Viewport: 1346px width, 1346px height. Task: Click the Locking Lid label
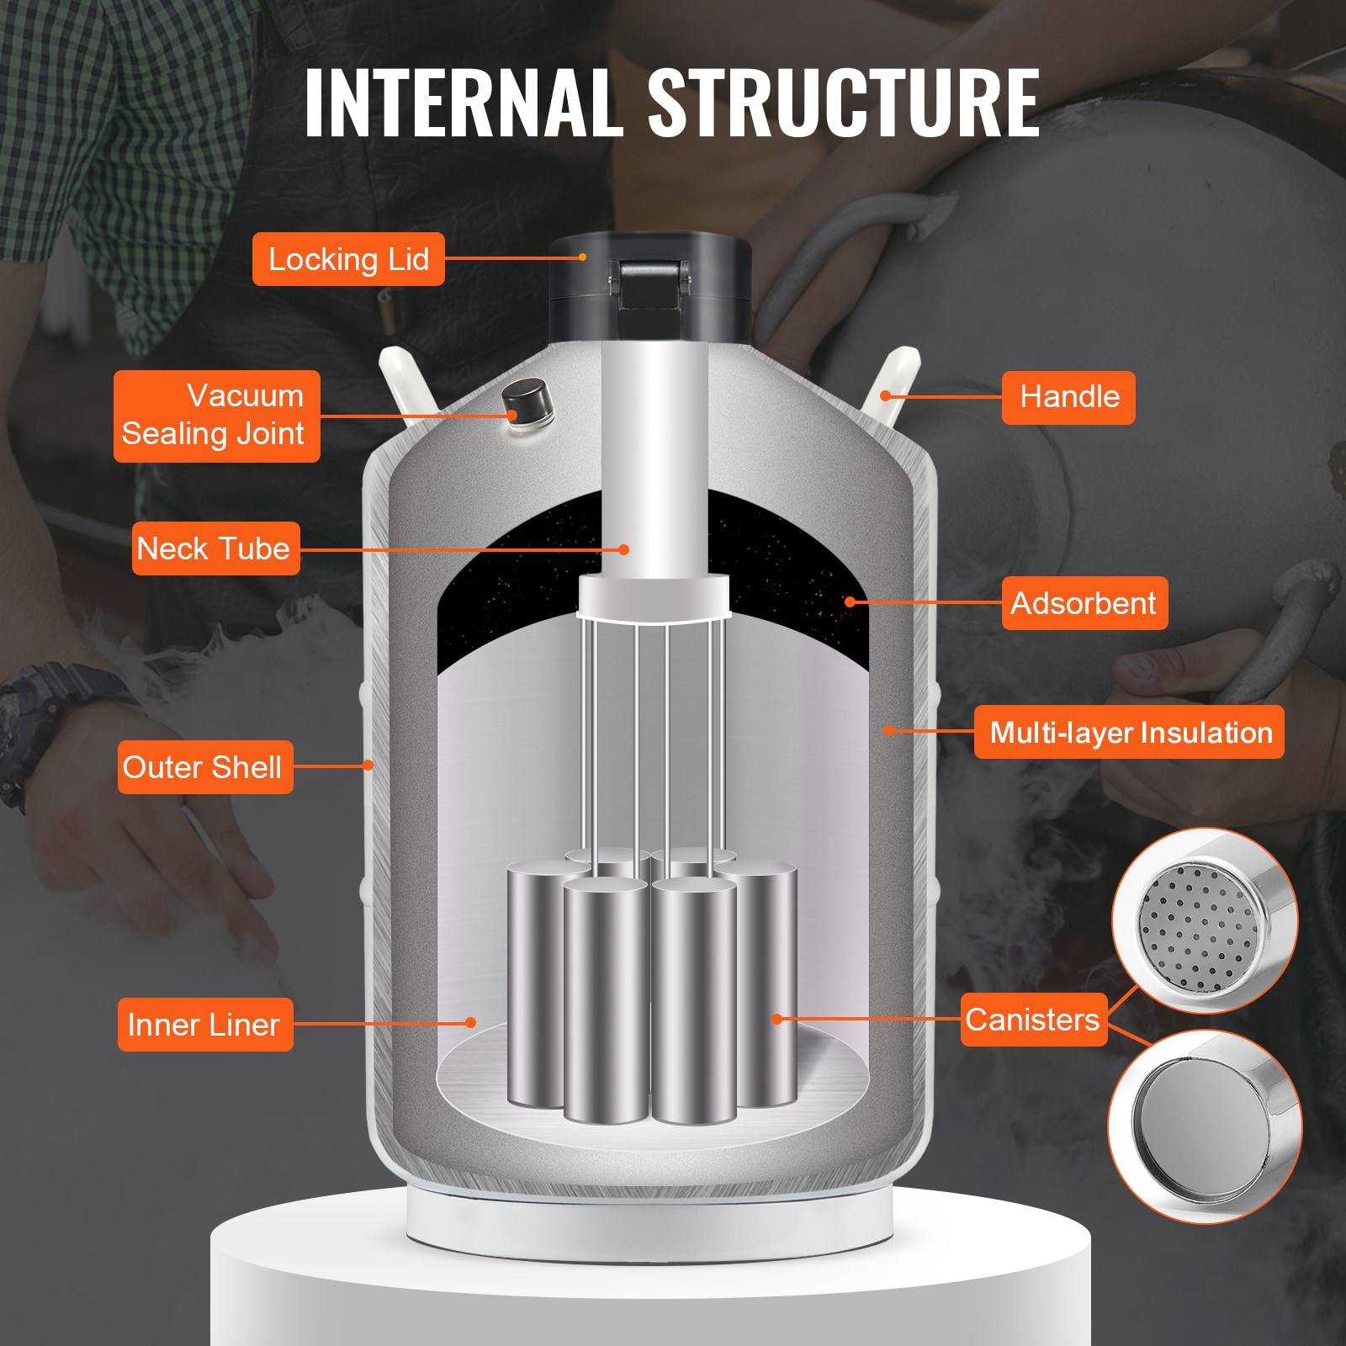[x=348, y=259]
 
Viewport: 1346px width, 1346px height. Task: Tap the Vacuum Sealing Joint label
[x=217, y=416]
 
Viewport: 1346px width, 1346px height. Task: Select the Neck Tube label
[x=215, y=548]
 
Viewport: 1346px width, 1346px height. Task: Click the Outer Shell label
[x=204, y=767]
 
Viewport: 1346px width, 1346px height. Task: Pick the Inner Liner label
[x=204, y=1025]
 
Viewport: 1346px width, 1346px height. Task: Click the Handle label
[x=1068, y=397]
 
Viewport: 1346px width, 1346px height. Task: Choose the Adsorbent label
[x=1084, y=603]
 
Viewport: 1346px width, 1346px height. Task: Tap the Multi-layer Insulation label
[x=1129, y=733]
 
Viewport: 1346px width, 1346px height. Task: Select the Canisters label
[x=1032, y=1020]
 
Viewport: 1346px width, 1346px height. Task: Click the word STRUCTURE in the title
[x=843, y=103]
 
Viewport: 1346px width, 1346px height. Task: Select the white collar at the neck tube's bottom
[x=654, y=596]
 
